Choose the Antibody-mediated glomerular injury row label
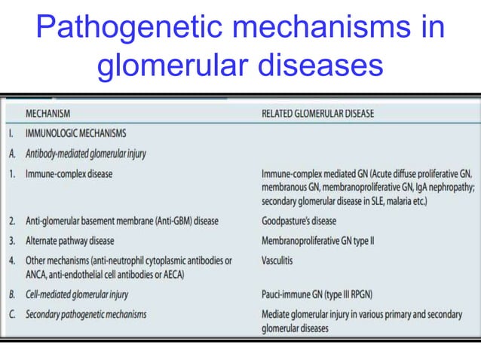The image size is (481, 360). [86, 154]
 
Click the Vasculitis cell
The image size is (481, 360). [277, 261]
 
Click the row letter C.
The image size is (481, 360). [12, 314]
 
